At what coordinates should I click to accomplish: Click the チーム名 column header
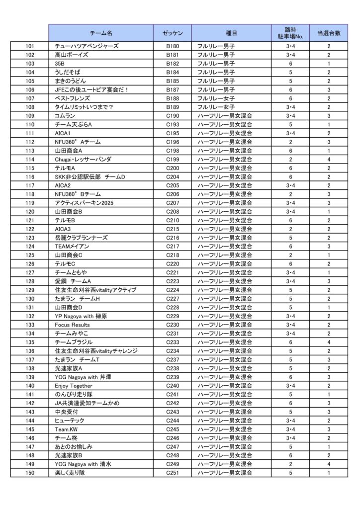click(101, 33)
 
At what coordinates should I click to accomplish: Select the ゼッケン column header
click(172, 33)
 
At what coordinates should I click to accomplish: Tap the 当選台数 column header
click(328, 33)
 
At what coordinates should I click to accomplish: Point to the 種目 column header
click(231, 33)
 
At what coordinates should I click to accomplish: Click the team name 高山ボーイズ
click(72, 55)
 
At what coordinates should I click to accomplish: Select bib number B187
click(172, 89)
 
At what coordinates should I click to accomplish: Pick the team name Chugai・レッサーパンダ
click(83, 160)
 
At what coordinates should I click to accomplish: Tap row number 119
click(30, 203)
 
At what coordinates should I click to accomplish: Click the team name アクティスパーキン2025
click(85, 203)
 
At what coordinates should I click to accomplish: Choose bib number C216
click(172, 238)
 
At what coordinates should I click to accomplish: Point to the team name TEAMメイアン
click(72, 247)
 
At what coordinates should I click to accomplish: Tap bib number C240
click(172, 386)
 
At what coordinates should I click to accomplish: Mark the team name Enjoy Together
click(74, 386)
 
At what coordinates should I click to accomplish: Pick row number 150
click(30, 473)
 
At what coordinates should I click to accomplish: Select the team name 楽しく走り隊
click(70, 473)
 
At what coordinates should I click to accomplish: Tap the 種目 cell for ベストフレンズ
click(216, 98)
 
